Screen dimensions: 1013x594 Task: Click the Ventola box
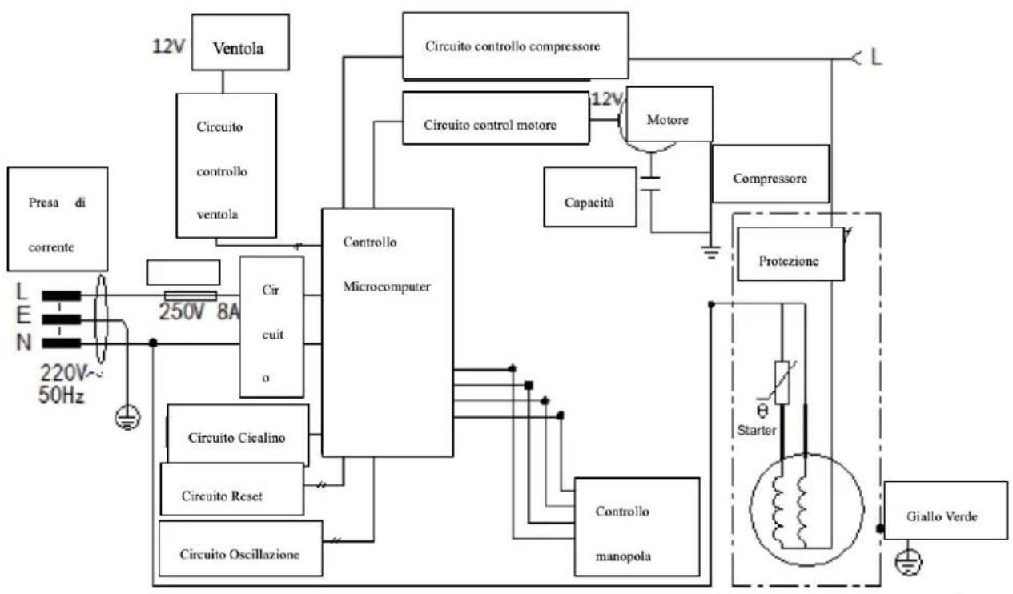click(240, 42)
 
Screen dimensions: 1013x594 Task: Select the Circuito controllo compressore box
click(515, 46)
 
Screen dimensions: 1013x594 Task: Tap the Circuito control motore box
click(496, 118)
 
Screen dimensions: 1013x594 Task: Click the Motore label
click(668, 120)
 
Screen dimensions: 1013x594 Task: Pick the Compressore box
click(770, 174)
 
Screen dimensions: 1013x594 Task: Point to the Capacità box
click(589, 197)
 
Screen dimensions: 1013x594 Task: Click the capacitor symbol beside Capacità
click(651, 183)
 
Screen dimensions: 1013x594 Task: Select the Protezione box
click(790, 254)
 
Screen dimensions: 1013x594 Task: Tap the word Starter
click(756, 431)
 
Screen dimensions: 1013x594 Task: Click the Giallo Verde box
click(946, 511)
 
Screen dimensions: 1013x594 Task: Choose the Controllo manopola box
click(637, 527)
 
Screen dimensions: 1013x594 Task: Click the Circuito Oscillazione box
click(240, 548)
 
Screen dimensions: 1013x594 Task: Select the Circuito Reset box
click(232, 488)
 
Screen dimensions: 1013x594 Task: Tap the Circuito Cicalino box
click(238, 435)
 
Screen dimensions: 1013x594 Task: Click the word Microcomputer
click(387, 287)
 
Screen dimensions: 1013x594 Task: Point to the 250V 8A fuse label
click(199, 311)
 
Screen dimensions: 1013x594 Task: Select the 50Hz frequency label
click(62, 395)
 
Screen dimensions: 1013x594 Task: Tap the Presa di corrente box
click(58, 219)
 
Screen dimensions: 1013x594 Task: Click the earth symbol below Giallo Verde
click(909, 561)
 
